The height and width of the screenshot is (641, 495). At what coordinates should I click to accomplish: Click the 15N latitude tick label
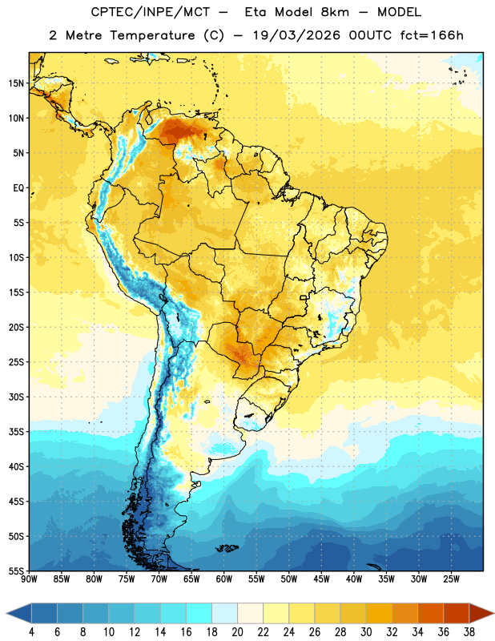pyautogui.click(x=16, y=83)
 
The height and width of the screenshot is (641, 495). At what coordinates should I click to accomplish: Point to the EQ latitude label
pyautogui.click(x=18, y=188)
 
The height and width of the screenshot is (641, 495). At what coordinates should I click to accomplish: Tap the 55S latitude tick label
pyautogui.click(x=16, y=570)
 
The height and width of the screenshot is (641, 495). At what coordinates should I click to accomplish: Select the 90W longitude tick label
pyautogui.click(x=29, y=579)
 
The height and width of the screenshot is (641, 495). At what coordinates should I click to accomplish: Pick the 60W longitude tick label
pyautogui.click(x=224, y=579)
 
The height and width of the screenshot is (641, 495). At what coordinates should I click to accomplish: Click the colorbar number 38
pyautogui.click(x=469, y=632)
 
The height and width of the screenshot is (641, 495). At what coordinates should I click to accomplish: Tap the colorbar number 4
pyautogui.click(x=31, y=632)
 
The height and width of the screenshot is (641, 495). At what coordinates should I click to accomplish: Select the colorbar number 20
pyautogui.click(x=237, y=632)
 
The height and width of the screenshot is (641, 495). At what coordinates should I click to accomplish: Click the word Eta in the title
pyautogui.click(x=256, y=12)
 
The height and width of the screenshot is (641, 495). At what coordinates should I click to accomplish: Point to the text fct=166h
pyautogui.click(x=432, y=35)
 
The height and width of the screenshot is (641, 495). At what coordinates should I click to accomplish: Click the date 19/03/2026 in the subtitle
pyautogui.click(x=296, y=35)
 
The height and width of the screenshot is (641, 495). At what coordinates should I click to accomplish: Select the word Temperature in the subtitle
pyautogui.click(x=152, y=36)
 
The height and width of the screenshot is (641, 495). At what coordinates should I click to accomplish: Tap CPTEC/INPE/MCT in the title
pyautogui.click(x=151, y=12)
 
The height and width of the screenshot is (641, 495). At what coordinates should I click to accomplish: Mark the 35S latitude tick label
pyautogui.click(x=16, y=432)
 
